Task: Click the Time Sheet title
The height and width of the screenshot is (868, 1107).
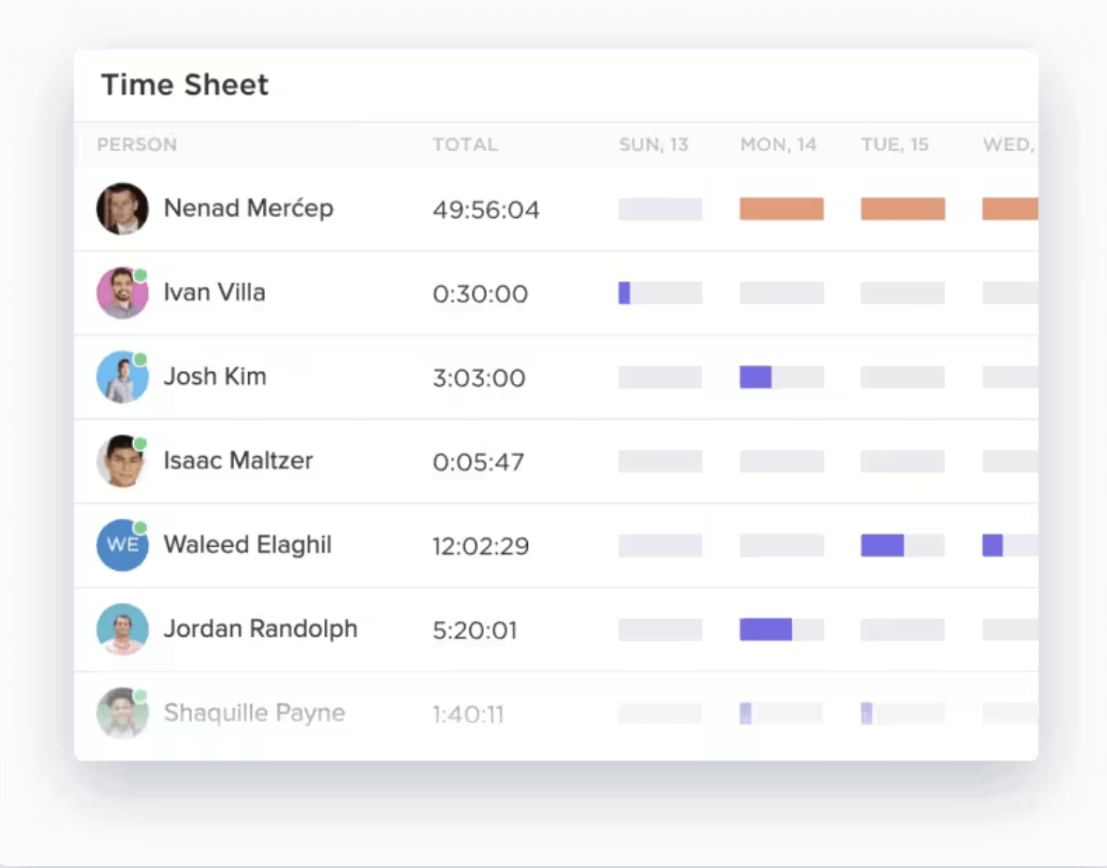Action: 185,85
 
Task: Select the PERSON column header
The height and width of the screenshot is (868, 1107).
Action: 137,145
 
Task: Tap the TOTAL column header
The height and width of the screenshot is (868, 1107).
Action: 465,145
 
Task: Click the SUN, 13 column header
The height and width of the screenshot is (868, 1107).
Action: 653,145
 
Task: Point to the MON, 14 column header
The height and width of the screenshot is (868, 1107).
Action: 778,145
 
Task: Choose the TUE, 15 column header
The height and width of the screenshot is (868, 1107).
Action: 895,145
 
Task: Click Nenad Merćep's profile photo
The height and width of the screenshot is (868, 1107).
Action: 123,209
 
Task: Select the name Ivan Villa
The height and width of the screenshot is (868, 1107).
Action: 214,292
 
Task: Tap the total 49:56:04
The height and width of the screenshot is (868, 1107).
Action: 486,209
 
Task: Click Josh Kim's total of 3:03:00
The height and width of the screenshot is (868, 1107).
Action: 479,377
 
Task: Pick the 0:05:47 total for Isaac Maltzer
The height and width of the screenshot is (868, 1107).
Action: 478,462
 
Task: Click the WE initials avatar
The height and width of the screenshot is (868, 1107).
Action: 123,545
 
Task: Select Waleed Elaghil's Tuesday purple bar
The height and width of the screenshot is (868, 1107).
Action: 882,545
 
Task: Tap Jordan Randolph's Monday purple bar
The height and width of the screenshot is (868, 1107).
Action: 765,629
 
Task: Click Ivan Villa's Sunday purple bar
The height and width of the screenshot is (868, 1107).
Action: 624,293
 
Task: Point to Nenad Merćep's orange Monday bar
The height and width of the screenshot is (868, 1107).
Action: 782,209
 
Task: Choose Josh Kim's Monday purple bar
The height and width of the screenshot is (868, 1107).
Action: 755,377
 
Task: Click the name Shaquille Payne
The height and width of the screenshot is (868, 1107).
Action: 254,713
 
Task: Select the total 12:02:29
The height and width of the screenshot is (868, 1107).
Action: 481,546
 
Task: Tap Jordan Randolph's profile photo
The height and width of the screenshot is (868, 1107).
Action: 123,629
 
